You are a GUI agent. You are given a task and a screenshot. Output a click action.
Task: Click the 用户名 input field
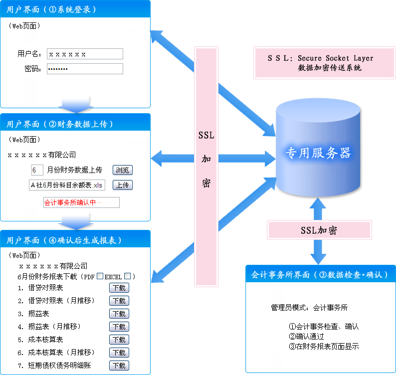click(x=85, y=54)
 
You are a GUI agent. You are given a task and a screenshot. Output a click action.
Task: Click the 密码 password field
click(x=85, y=69)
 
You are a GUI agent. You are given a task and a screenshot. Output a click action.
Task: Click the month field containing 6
click(x=37, y=170)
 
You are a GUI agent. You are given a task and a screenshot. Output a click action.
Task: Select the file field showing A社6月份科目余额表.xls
click(x=67, y=185)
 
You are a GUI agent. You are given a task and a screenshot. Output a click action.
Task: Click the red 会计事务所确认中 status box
click(x=81, y=202)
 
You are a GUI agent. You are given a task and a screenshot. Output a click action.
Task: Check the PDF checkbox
click(x=100, y=276)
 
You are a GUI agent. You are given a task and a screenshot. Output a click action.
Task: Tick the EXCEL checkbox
click(x=127, y=276)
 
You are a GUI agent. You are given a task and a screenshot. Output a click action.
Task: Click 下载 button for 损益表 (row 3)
click(x=119, y=314)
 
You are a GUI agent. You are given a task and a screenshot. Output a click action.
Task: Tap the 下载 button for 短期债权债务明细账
click(x=119, y=366)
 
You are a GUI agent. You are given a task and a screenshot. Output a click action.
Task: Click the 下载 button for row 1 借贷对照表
click(x=119, y=288)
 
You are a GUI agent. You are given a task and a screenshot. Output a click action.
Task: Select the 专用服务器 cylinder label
click(x=318, y=153)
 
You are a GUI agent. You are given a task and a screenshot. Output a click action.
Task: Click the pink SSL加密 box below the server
click(x=319, y=230)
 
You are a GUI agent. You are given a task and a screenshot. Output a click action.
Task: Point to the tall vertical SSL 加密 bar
click(x=206, y=167)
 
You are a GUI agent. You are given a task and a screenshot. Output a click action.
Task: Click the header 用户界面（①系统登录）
click(x=75, y=9)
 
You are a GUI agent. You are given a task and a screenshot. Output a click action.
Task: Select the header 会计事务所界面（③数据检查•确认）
click(x=320, y=275)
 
